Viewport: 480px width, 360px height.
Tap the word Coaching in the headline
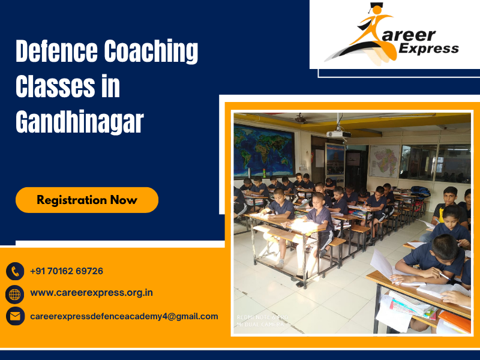[x=151, y=53]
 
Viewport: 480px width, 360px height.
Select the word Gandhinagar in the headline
[x=79, y=122]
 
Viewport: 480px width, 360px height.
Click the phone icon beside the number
[x=15, y=271]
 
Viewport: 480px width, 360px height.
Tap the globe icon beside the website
[x=15, y=293]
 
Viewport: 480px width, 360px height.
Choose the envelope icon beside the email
[x=15, y=316]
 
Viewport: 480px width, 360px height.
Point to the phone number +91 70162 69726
[x=67, y=271]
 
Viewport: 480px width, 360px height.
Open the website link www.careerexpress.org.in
[x=91, y=293]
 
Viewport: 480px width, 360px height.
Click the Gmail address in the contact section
[x=124, y=316]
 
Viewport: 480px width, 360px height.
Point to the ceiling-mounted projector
[x=338, y=133]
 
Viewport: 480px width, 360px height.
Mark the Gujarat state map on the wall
[x=385, y=161]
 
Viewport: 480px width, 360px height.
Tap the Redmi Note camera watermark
[x=262, y=319]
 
